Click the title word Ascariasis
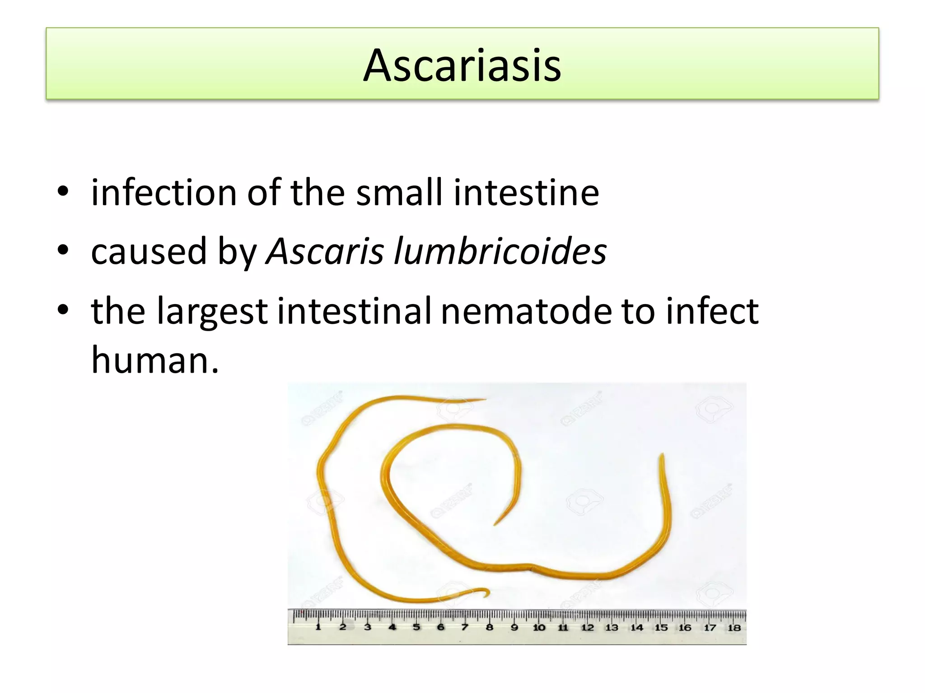tap(462, 65)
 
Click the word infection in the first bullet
tap(163, 193)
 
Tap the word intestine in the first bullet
tap(526, 193)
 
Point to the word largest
tap(212, 311)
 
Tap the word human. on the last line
tap(155, 360)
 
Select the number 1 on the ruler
tap(318, 627)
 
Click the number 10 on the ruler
tap(539, 627)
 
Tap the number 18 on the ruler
tap(734, 627)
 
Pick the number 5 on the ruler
tap(416, 627)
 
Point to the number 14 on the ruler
tap(636, 627)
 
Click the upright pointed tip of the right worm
tap(662, 457)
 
